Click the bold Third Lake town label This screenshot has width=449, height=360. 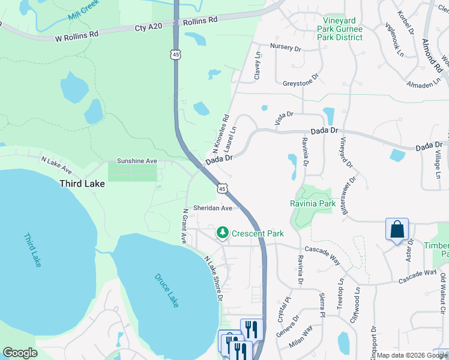click(82, 184)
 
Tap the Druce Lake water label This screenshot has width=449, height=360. click(166, 290)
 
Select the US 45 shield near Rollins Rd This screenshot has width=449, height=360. click(175, 55)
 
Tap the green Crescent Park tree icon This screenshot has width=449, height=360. click(223, 232)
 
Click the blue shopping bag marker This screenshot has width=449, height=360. click(397, 230)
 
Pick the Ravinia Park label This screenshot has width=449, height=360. click(313, 203)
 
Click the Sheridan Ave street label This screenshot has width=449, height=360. click(212, 208)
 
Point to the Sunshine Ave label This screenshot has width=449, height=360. click(136, 161)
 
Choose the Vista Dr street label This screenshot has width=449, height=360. click(284, 118)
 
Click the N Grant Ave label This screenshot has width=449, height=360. click(184, 226)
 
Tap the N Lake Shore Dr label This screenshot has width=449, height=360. click(214, 278)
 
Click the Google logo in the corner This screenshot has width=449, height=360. click(20, 353)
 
